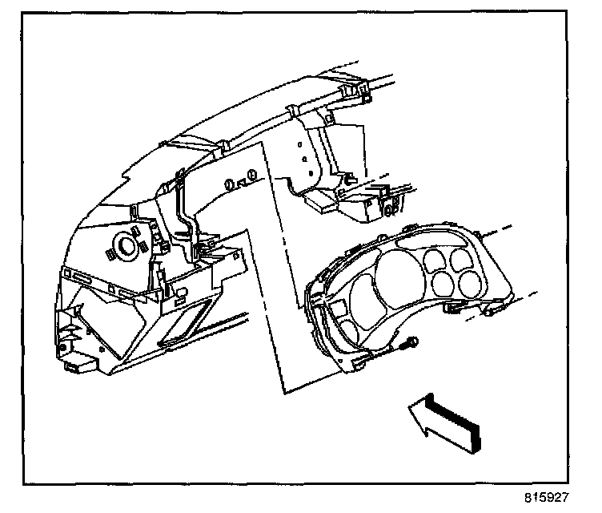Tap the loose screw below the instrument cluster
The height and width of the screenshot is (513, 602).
[x=409, y=345]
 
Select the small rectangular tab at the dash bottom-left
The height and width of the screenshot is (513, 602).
[x=78, y=366]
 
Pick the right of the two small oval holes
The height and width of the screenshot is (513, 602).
[x=251, y=176]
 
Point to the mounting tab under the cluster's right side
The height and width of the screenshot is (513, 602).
[x=453, y=307]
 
